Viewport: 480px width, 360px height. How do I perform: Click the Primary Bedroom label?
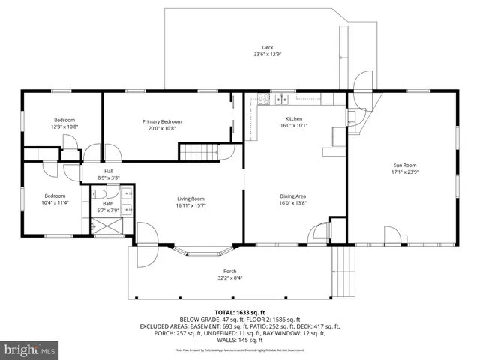(162, 121)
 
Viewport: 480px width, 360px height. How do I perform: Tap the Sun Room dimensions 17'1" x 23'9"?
(404, 172)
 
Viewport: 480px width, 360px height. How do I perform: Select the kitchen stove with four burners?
(263, 97)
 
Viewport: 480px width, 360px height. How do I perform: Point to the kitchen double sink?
(282, 97)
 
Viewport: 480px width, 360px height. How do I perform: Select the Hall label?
(109, 171)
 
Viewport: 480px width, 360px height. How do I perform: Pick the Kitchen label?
(294, 118)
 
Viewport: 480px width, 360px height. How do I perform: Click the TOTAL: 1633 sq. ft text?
(240, 311)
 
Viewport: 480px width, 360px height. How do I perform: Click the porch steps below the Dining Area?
(343, 262)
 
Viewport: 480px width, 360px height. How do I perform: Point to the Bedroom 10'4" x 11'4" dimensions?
(56, 202)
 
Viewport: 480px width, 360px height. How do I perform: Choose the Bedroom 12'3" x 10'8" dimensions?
(64, 127)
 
